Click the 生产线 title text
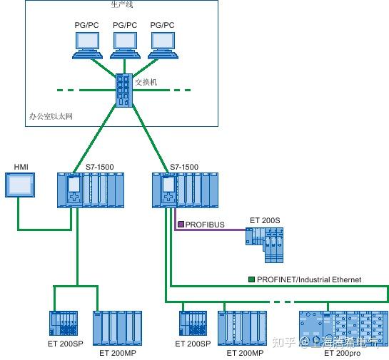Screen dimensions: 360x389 point(121,5)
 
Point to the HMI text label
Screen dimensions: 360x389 point(21,168)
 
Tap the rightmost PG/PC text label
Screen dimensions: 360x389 point(162,24)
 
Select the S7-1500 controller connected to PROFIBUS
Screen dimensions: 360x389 point(185,190)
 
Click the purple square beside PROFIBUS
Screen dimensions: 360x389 point(181,225)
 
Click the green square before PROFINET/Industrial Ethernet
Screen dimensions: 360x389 point(251,279)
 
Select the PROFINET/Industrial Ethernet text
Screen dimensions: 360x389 point(309,279)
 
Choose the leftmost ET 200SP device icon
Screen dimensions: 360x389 point(63,324)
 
